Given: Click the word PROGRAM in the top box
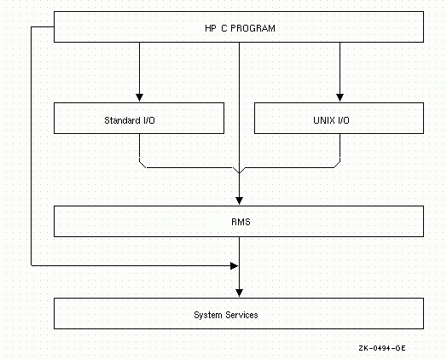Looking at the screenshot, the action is (x=253, y=28).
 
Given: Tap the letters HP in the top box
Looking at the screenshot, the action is (x=211, y=28).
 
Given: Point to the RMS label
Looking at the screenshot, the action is (x=241, y=222).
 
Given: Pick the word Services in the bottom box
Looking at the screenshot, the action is (x=241, y=315).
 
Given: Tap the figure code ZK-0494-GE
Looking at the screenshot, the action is (x=382, y=348).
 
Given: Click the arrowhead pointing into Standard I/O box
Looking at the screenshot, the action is (x=139, y=97).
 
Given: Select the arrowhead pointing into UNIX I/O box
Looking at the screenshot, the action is (x=340, y=97).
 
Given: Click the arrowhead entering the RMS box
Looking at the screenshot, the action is (x=239, y=200).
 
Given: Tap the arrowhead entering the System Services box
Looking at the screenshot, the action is (x=239, y=293).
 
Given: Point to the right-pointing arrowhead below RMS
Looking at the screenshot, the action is (x=234, y=266).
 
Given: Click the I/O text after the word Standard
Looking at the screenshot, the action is (x=148, y=120).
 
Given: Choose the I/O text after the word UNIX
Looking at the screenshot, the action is (x=344, y=120).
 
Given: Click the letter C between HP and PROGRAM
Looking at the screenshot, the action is (x=223, y=28).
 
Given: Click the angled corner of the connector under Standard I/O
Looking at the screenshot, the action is (x=142, y=165).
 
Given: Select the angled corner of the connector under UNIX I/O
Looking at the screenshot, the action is (x=337, y=165).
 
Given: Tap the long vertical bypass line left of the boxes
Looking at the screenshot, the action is (x=31, y=146).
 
